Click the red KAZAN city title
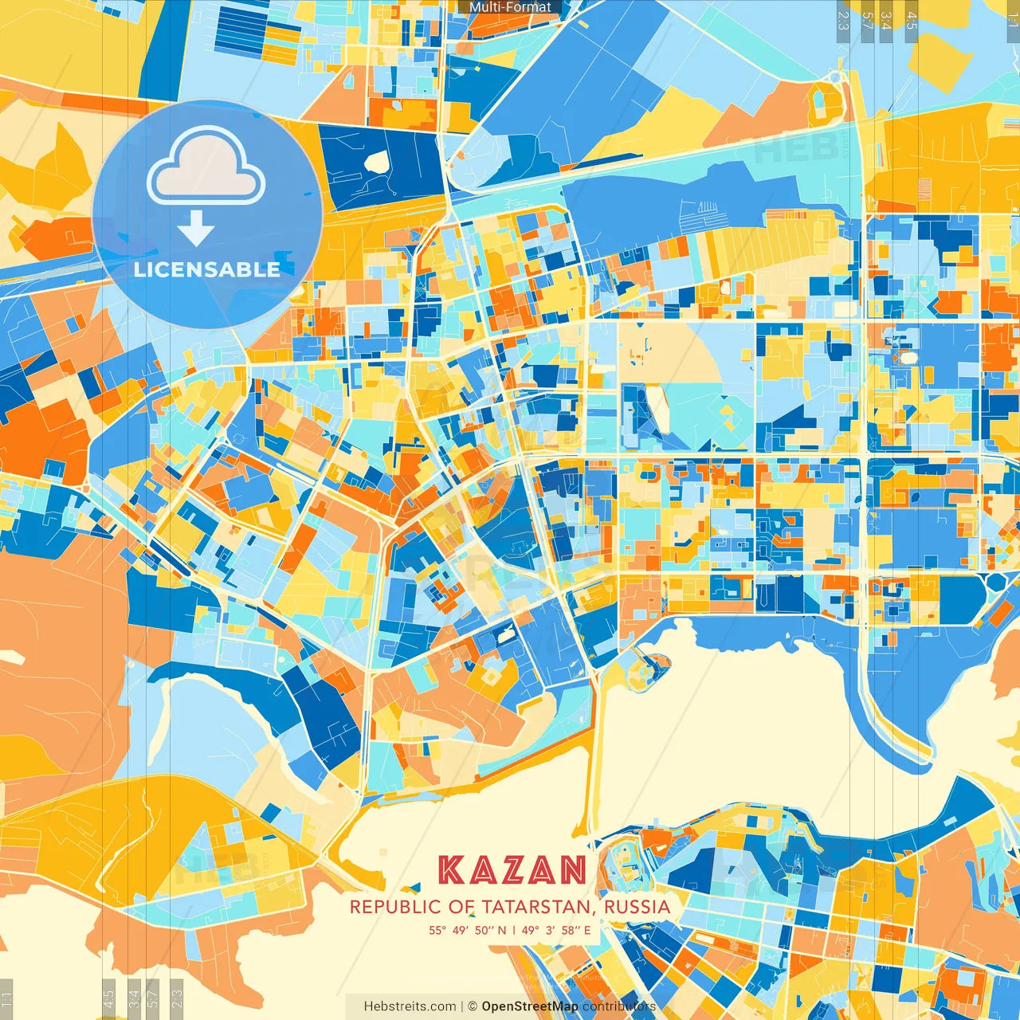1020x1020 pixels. [x=513, y=870]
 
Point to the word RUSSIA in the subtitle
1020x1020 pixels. [x=637, y=907]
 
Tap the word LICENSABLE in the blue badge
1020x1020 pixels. [x=207, y=269]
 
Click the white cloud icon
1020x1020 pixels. [x=206, y=167]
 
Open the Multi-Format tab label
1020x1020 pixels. [x=510, y=7]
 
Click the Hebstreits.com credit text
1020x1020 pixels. [x=410, y=1006]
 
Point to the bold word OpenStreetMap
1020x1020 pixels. [x=530, y=1006]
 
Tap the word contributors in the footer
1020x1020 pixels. [x=619, y=1006]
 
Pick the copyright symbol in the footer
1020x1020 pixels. [x=472, y=1006]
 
